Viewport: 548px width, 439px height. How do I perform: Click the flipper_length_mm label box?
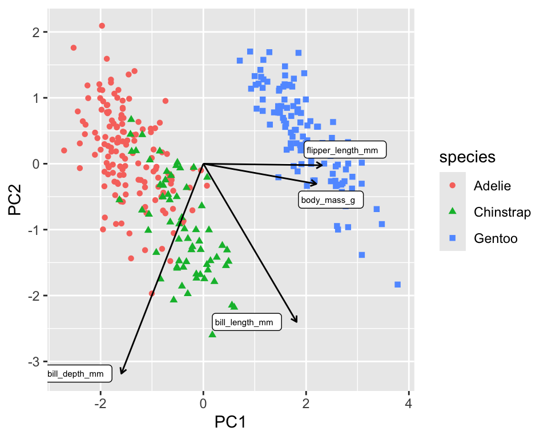[345, 150]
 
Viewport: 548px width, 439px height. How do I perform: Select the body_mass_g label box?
[331, 200]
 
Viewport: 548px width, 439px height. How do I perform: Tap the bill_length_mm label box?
[247, 322]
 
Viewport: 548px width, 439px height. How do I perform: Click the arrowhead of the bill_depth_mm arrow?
[122, 373]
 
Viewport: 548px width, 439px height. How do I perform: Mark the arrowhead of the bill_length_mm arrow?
[296, 321]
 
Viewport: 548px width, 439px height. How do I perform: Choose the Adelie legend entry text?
[491, 186]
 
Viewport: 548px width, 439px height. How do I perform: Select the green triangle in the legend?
[452, 212]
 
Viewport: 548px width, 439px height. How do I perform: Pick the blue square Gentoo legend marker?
[452, 238]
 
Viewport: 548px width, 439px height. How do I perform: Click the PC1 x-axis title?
[229, 422]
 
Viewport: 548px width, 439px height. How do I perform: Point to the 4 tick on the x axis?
[408, 405]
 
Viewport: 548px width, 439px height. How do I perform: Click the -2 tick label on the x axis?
[100, 405]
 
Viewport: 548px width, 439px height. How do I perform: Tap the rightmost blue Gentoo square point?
[397, 285]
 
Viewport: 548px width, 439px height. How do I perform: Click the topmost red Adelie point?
[102, 26]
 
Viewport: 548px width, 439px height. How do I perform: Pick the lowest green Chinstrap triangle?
[212, 333]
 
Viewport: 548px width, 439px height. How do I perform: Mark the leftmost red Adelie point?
[64, 150]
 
